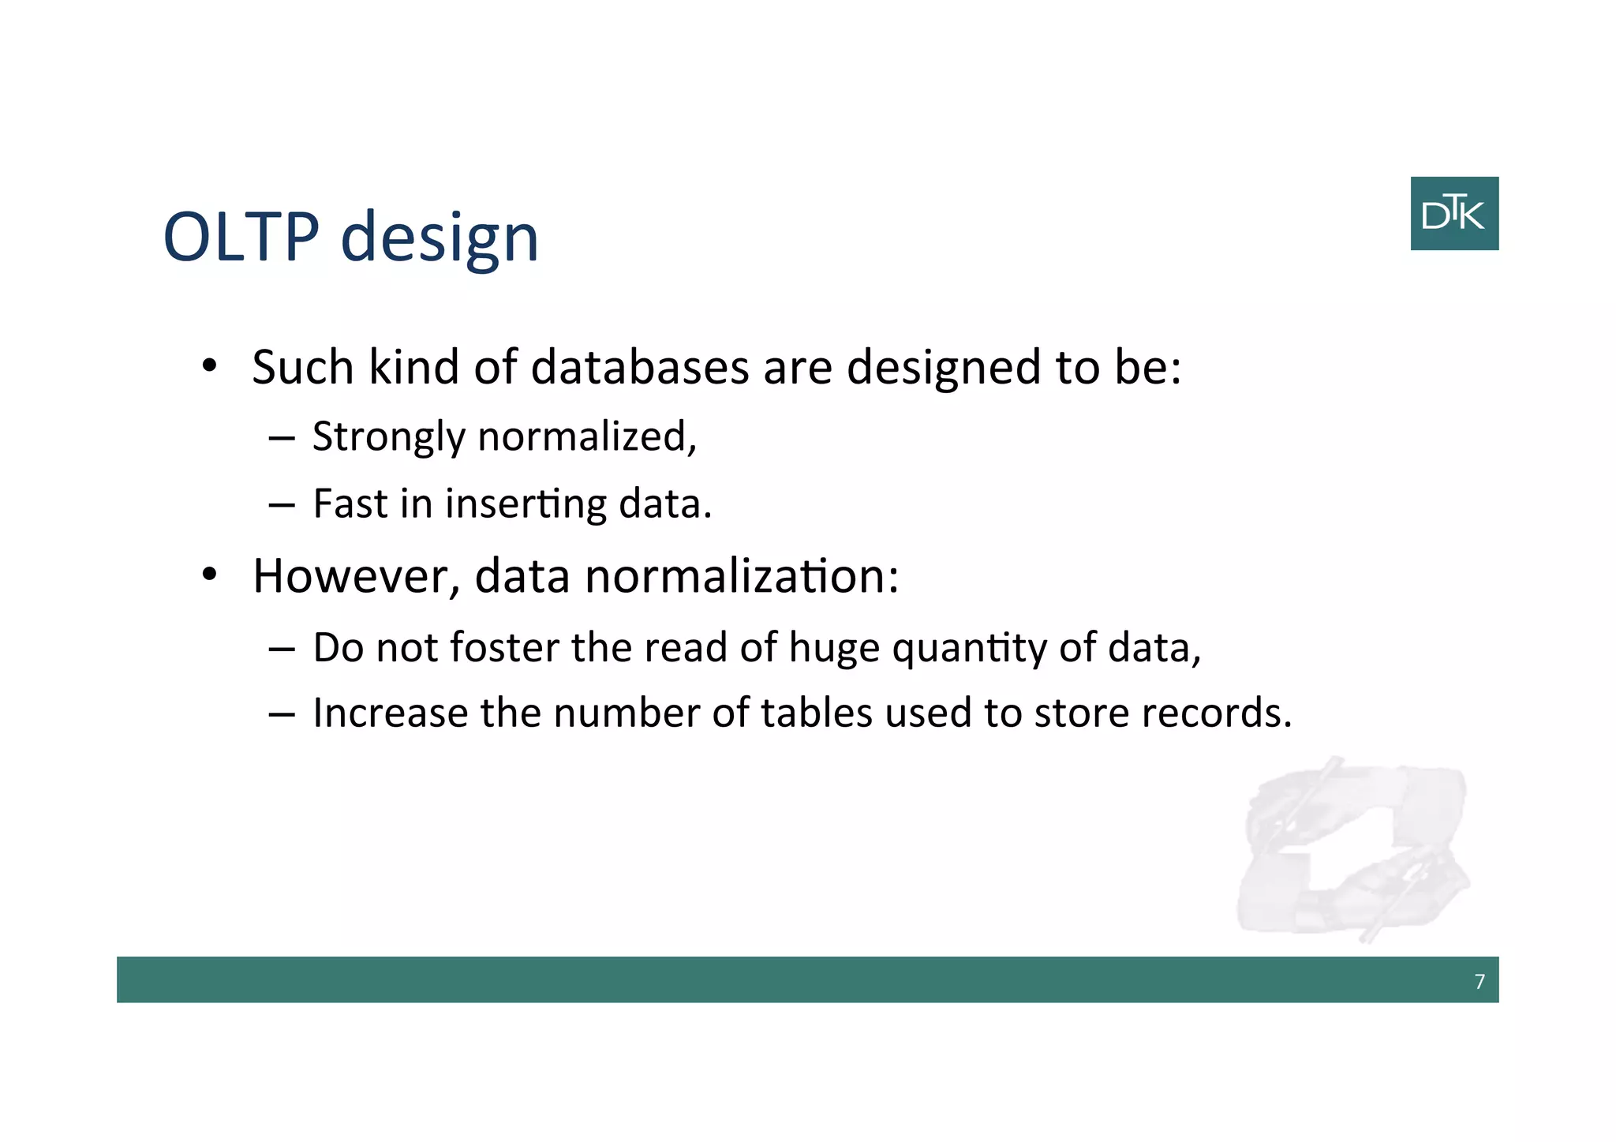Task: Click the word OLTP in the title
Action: click(241, 236)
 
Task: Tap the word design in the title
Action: click(440, 239)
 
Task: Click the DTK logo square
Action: click(1453, 213)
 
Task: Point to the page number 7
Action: click(1479, 981)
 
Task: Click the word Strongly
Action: click(389, 438)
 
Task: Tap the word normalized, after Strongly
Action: click(587, 436)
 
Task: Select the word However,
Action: click(356, 575)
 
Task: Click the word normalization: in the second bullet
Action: click(742, 575)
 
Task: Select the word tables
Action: click(816, 713)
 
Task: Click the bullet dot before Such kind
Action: click(209, 366)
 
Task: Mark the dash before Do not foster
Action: click(281, 649)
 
